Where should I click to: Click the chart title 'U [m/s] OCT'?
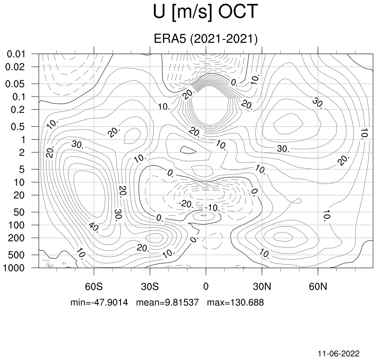205,12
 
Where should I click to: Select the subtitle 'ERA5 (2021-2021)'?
205,39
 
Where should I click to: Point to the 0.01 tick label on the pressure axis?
16,54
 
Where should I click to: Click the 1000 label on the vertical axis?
14,268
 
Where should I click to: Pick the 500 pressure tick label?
16,255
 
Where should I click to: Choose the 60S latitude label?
94,286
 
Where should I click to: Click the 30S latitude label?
150,286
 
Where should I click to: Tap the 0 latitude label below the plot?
206,286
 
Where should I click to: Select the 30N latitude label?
262,286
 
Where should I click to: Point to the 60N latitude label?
318,286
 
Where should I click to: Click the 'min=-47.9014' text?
99,302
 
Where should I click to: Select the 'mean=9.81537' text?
168,302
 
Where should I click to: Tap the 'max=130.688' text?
236,302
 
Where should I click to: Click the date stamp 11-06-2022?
339,354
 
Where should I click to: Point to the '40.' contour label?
94,227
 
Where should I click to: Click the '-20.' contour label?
186,204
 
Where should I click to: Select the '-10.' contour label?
212,208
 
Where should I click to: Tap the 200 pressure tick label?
16,238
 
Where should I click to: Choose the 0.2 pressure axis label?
18,110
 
